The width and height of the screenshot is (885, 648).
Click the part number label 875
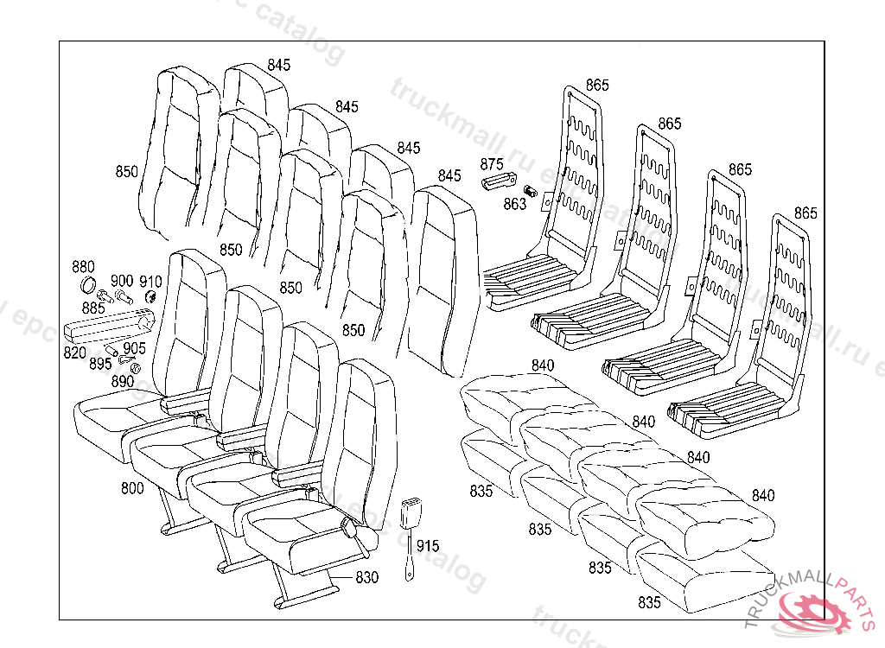(x=492, y=164)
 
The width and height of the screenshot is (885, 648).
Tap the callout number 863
(x=514, y=204)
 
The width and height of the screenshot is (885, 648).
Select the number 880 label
(x=83, y=266)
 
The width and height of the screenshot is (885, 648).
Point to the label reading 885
(x=93, y=307)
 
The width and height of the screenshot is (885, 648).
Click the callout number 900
(x=122, y=281)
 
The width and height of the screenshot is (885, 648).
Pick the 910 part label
(x=150, y=282)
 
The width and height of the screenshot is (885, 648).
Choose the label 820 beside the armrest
(x=75, y=353)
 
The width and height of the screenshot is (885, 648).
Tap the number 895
(x=100, y=364)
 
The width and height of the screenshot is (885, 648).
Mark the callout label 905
(x=134, y=348)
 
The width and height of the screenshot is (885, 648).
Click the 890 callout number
(x=123, y=380)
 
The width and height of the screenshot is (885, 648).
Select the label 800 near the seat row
(x=132, y=488)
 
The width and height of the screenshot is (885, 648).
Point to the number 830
(x=367, y=578)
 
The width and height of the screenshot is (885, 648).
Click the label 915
(x=427, y=546)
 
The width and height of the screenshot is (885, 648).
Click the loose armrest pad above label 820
(x=108, y=327)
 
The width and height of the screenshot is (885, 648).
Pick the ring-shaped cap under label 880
(x=87, y=286)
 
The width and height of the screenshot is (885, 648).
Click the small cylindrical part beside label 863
(x=530, y=190)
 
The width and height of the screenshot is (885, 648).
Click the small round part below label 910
(x=149, y=298)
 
